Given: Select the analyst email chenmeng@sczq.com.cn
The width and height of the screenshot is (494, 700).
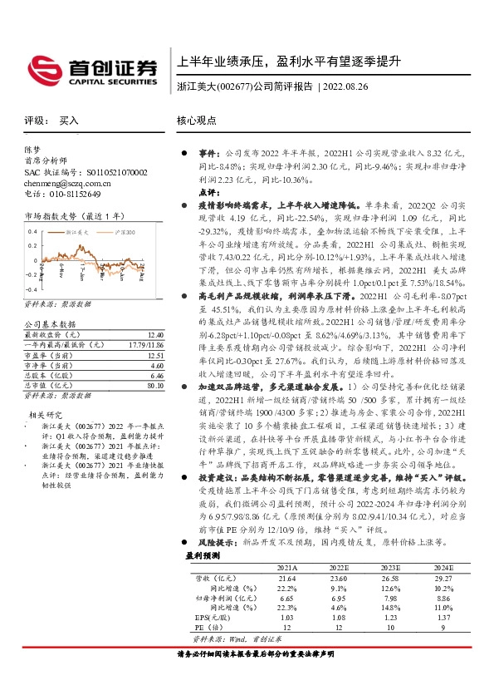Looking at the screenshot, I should [x=61, y=182].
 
